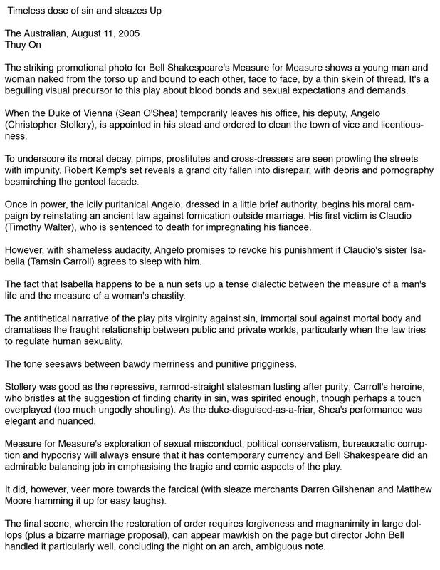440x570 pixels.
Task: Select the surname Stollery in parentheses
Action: tap(95, 125)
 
